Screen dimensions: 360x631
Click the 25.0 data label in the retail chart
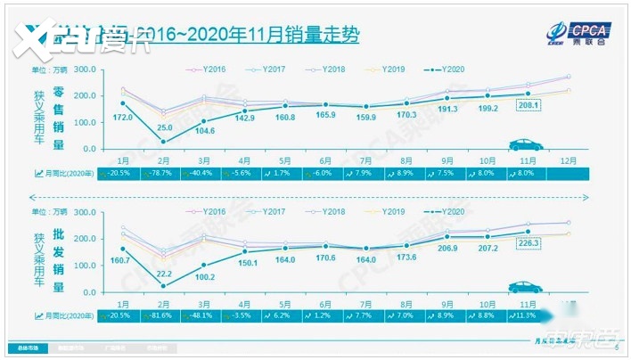[165, 128]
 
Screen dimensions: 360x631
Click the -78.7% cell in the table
[161, 174]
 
